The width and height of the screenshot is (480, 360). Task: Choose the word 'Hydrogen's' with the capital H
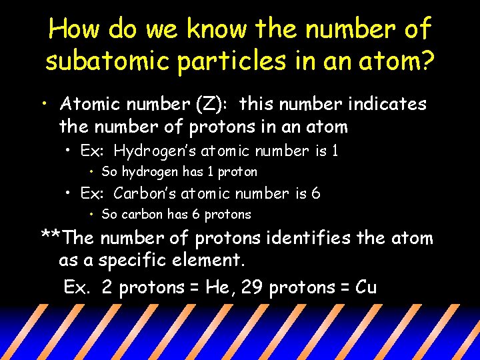click(x=151, y=151)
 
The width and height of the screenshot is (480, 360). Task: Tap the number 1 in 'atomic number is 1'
click(x=335, y=151)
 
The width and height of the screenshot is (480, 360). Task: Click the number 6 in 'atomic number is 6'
click(x=316, y=194)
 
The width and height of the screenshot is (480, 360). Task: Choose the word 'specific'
click(x=135, y=259)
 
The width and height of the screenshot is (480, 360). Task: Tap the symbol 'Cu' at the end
click(x=366, y=288)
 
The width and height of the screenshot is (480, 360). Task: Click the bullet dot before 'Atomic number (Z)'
click(x=43, y=105)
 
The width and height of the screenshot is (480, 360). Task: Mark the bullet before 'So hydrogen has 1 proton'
click(x=92, y=173)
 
